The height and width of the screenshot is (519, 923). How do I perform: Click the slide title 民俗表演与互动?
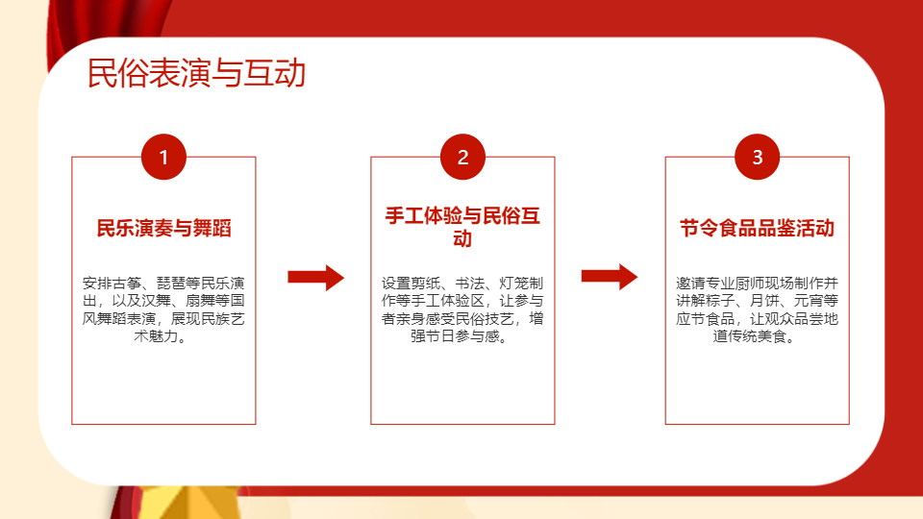[196, 73]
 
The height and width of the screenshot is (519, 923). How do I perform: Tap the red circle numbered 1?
[163, 157]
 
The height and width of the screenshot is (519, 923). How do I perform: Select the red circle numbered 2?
[462, 157]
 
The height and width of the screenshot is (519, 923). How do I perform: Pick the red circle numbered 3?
[757, 157]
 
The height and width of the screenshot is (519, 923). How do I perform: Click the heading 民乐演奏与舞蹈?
[163, 228]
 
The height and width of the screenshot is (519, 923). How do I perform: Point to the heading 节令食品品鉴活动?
[757, 228]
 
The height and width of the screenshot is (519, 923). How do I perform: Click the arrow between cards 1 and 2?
[315, 278]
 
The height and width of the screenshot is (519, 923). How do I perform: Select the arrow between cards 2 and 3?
[610, 277]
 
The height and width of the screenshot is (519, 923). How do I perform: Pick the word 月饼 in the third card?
[764, 301]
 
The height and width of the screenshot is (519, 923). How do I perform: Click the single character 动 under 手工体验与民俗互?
[462, 239]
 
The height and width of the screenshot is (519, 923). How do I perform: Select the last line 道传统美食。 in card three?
[754, 336]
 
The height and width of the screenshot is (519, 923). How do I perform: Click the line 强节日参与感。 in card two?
[459, 336]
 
